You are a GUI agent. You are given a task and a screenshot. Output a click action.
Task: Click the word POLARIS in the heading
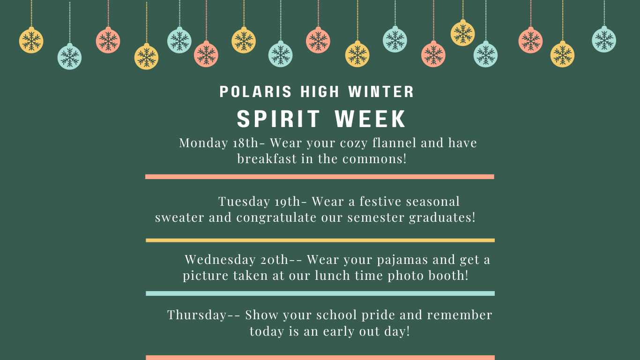255,92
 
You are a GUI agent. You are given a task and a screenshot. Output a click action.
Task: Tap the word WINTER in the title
381,92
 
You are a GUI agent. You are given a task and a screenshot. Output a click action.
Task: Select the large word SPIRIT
278,119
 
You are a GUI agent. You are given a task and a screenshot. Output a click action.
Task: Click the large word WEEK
370,119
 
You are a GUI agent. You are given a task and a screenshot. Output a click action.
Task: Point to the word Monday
203,143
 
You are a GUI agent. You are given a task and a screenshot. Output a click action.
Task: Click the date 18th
246,142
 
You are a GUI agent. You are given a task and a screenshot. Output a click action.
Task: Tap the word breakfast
267,159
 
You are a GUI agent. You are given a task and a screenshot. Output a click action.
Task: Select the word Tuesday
244,202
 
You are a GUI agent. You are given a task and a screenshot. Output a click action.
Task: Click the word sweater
179,217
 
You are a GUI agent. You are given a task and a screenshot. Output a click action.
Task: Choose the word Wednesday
220,260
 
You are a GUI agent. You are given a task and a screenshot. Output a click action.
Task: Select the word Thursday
197,315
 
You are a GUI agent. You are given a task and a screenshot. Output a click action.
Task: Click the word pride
378,315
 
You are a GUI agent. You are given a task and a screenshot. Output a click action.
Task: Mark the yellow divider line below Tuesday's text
320,240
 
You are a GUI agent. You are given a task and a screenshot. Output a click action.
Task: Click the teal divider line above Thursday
320,293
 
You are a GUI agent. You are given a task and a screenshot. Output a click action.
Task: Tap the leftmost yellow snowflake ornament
31,40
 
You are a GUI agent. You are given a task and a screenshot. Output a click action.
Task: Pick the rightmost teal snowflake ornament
604,40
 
